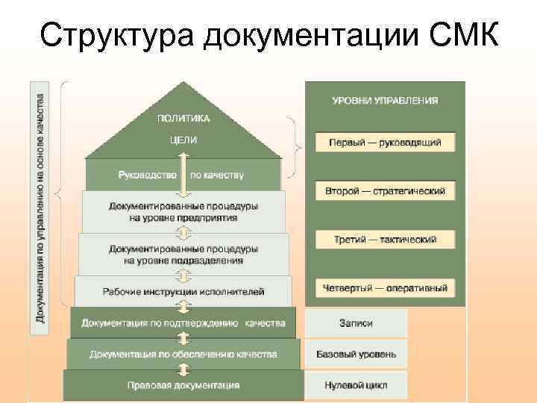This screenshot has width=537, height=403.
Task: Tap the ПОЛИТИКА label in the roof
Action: (x=183, y=118)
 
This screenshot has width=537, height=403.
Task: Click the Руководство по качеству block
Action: (x=183, y=175)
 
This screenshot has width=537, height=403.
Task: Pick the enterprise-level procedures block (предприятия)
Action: (x=183, y=211)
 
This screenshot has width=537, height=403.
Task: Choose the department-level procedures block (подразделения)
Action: (x=183, y=254)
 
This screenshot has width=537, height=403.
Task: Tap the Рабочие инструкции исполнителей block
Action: (x=183, y=291)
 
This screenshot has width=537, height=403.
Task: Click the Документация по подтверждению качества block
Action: (x=183, y=323)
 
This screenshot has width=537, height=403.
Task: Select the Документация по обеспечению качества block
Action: (x=183, y=354)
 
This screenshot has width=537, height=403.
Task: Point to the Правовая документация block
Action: (x=183, y=385)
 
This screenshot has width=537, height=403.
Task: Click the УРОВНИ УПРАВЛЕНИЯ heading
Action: (x=385, y=100)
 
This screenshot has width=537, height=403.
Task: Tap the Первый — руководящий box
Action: (x=385, y=142)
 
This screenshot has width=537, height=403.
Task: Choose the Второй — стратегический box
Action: (x=385, y=191)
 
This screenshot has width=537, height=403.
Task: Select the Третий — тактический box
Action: (x=385, y=240)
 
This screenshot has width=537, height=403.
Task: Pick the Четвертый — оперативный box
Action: (x=385, y=287)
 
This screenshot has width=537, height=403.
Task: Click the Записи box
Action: (x=357, y=323)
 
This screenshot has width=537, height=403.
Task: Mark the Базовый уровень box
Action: (x=357, y=354)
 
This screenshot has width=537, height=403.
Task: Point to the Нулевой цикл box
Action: (x=357, y=385)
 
